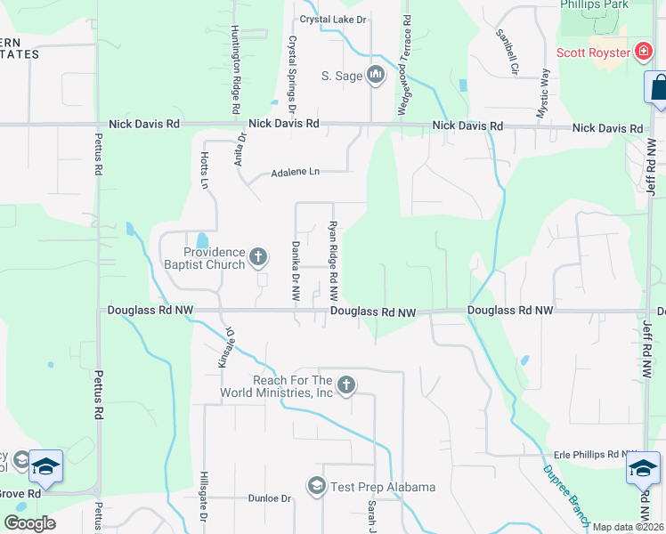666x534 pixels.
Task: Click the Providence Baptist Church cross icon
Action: pos(258,258)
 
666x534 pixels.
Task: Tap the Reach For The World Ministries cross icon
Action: pos(346,385)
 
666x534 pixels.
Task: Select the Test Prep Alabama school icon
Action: pos(315,486)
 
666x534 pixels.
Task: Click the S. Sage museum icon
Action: pos(376,76)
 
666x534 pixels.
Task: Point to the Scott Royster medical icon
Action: pos(643,53)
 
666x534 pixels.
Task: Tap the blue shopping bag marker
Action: pos(658,88)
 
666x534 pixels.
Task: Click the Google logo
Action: pos(29,523)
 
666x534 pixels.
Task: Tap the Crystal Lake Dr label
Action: pos(333,19)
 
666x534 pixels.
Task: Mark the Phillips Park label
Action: pos(594,4)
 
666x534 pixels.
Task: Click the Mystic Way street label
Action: pos(544,93)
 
